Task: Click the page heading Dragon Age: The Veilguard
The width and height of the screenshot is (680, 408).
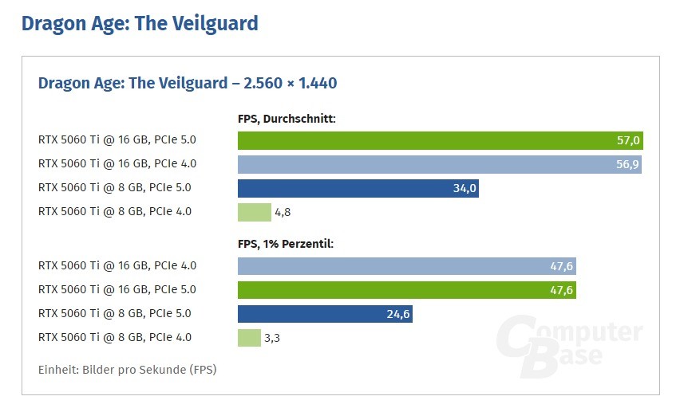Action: point(140,23)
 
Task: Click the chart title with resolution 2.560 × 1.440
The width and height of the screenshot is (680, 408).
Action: point(188,83)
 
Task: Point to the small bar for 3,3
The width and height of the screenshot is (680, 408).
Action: point(248,338)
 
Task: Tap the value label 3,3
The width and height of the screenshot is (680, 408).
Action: point(272,338)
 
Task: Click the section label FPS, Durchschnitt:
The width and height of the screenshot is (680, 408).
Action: point(287,119)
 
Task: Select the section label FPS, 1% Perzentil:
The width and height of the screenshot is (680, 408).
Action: point(285,244)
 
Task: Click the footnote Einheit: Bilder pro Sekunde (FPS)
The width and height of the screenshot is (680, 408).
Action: point(127,370)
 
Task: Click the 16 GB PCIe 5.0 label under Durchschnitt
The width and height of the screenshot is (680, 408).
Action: point(117,140)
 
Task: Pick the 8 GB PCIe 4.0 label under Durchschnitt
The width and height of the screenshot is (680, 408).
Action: point(115,212)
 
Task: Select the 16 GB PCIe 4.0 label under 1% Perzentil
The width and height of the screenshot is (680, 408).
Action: point(117,266)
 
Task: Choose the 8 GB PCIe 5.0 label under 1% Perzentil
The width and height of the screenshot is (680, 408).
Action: point(115,314)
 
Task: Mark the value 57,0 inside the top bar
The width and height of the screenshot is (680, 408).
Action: point(628,140)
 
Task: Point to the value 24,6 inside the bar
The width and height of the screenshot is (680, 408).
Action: point(397,314)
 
